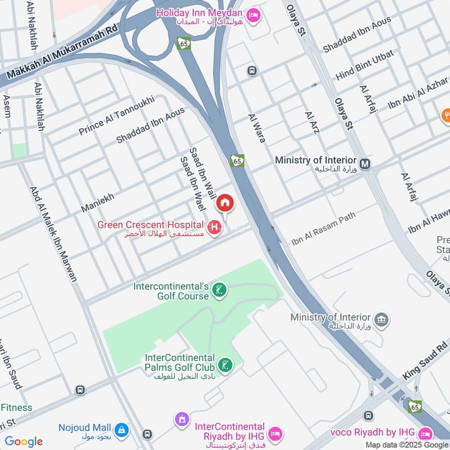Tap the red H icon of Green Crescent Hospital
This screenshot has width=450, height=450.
(214, 227)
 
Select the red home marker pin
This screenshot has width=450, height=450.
(225, 203)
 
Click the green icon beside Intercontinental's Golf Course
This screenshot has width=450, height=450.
(220, 290)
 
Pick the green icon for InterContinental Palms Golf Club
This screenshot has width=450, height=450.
(225, 366)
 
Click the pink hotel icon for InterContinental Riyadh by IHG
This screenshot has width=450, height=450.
(275, 433)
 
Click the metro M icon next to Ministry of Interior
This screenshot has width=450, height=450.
(366, 164)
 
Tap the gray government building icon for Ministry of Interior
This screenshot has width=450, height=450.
(382, 320)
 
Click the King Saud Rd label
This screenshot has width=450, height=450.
(425, 366)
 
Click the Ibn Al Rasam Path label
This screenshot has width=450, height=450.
(323, 228)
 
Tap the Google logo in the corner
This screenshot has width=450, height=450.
(24, 442)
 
